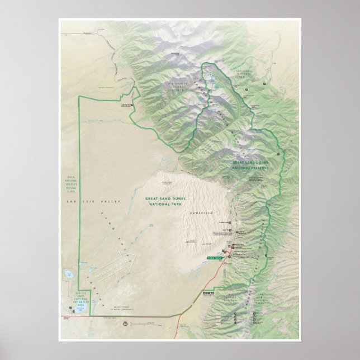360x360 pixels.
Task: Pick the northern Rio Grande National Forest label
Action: pyautogui.click(x=180, y=86)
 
